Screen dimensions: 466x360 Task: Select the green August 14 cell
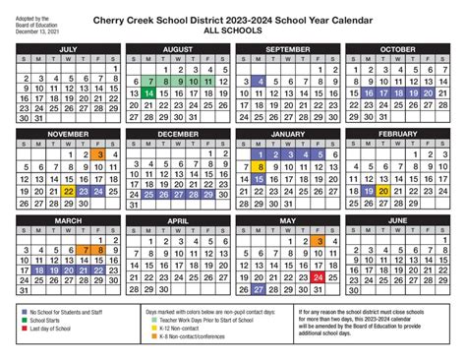147,92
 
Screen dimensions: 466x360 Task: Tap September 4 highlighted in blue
260,81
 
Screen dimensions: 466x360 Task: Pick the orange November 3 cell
100,153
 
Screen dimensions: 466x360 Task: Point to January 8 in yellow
260,166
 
